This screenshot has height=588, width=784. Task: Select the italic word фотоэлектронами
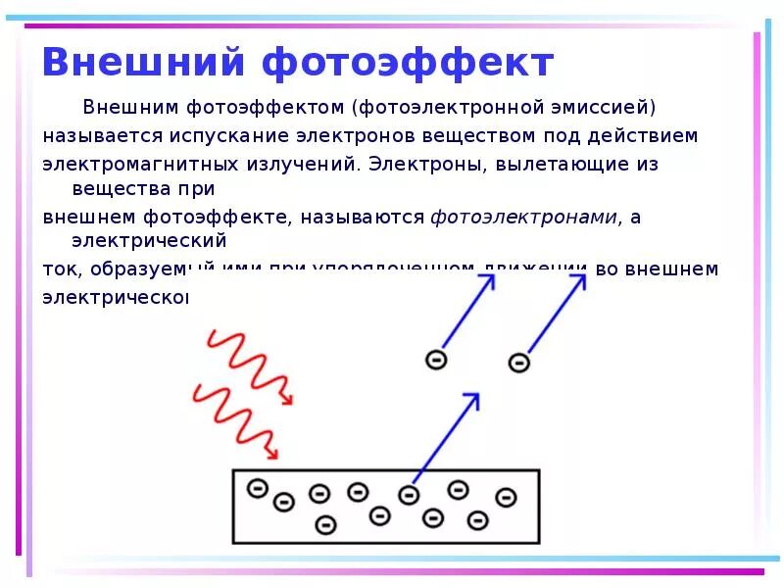[x=524, y=218]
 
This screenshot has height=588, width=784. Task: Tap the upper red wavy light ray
[x=250, y=367]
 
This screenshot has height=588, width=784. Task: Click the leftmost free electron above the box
[x=437, y=360]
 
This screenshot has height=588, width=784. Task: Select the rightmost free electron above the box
[x=518, y=363]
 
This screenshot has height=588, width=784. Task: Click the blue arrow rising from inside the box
[x=446, y=436]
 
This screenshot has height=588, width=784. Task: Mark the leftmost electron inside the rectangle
[x=257, y=487]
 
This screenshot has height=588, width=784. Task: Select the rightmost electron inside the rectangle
[x=506, y=497]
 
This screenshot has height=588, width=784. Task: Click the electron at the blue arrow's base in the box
[x=409, y=493]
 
